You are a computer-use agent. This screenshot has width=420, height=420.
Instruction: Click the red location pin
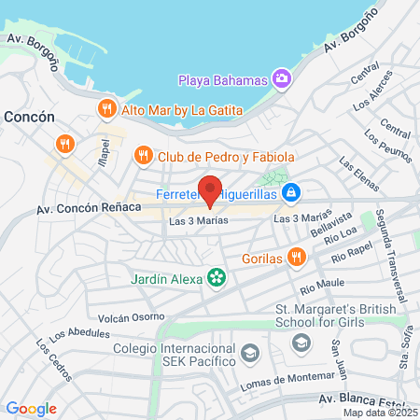click(x=210, y=190)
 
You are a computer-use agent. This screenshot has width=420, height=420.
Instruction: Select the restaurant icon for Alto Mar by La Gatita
click(x=107, y=109)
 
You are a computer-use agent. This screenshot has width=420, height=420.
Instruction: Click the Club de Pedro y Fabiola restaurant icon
click(x=143, y=155)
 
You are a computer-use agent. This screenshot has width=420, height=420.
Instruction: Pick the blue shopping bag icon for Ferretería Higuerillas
click(x=292, y=191)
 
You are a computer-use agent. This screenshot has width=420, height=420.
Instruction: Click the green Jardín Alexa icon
click(x=217, y=276)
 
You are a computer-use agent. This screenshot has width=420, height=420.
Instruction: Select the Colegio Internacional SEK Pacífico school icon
click(x=249, y=353)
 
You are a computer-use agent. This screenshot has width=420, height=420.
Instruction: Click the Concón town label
click(x=30, y=119)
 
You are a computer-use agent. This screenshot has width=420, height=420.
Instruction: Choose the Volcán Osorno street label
click(x=130, y=317)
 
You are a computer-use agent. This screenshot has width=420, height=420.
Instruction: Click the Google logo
click(x=31, y=408)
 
